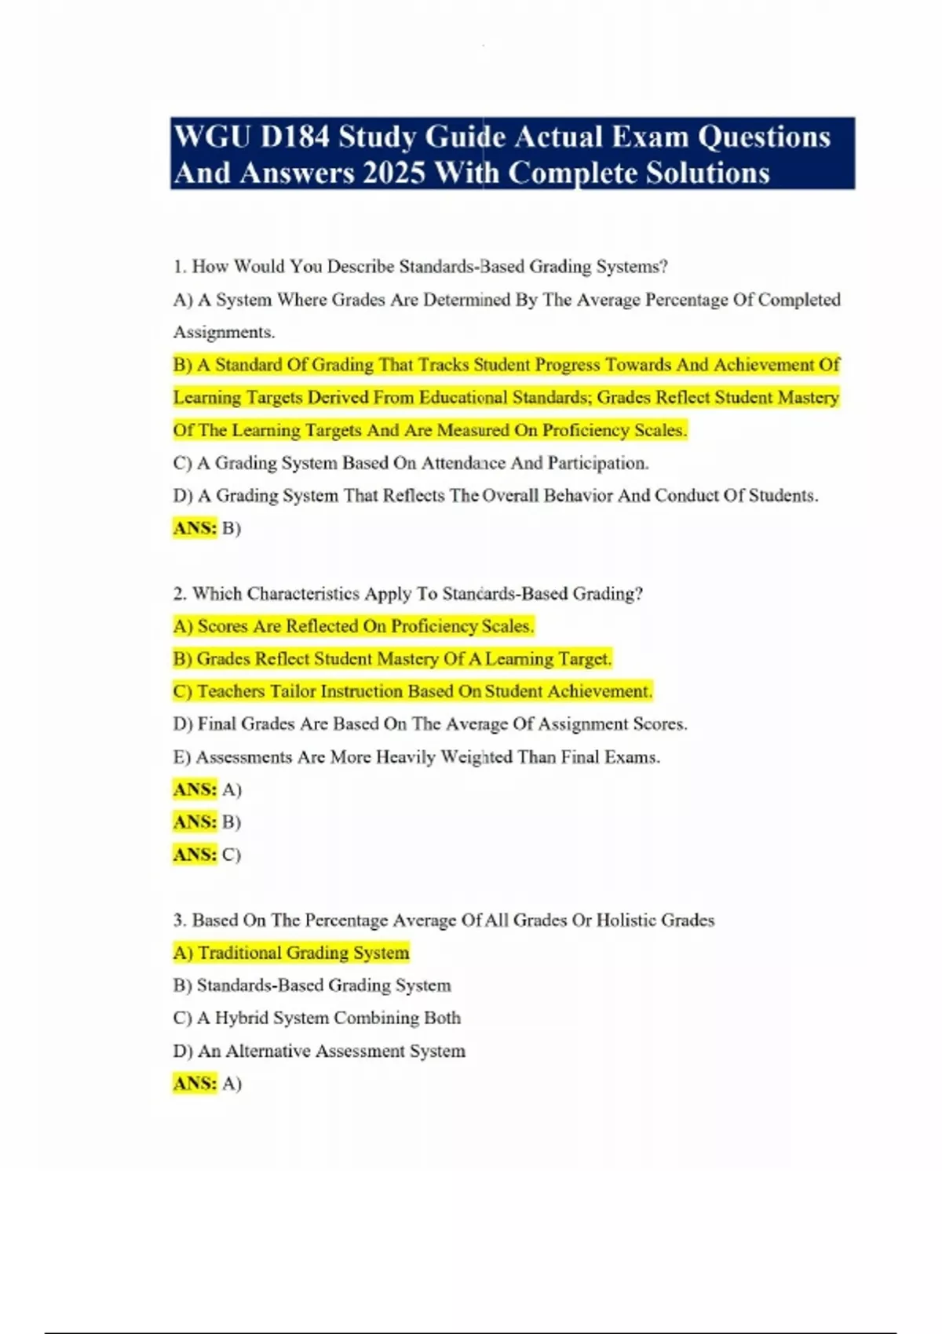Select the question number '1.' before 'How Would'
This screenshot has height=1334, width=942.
click(x=180, y=267)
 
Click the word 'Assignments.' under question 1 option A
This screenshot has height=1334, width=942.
click(x=224, y=332)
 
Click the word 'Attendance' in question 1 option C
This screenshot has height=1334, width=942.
click(x=463, y=463)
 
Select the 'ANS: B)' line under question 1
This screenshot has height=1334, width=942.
click(x=207, y=528)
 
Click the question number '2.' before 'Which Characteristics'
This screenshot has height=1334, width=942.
click(x=180, y=594)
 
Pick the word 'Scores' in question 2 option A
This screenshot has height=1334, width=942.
click(x=222, y=626)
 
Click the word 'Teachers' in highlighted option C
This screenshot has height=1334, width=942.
click(x=231, y=691)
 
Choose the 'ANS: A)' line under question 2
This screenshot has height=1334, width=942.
click(x=207, y=789)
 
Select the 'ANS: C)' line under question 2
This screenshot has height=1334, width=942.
click(x=207, y=855)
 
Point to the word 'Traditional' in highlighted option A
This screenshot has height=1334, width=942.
click(x=239, y=953)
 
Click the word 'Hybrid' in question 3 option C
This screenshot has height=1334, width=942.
click(x=241, y=1018)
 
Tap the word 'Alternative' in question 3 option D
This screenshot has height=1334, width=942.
click(x=269, y=1051)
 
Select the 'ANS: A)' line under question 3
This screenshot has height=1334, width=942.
click(x=207, y=1084)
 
